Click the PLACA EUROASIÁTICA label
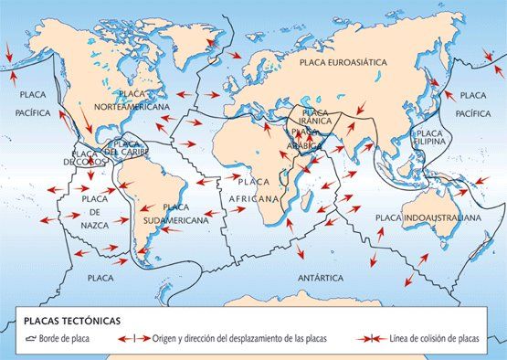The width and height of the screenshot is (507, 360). coord(343,62)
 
